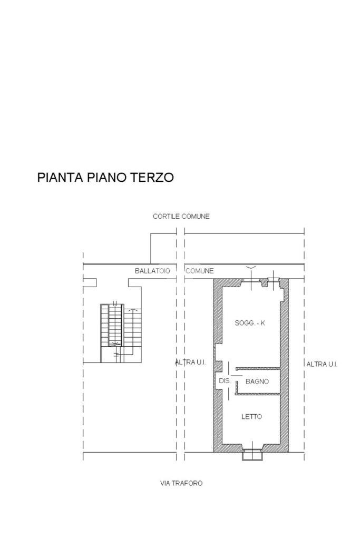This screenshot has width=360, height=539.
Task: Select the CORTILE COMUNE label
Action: click(181, 217)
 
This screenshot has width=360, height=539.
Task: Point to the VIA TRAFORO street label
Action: click(181, 483)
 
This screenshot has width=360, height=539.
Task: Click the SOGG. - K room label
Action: click(250, 323)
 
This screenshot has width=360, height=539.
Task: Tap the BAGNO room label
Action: click(258, 381)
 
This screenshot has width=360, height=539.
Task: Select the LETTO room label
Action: click(251, 417)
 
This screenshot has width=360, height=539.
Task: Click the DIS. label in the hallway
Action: click(224, 381)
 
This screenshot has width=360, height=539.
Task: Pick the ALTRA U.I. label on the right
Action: click(322, 364)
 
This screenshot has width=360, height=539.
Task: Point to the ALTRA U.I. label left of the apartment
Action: click(190, 362)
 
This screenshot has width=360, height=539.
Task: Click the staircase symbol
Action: click(121, 327)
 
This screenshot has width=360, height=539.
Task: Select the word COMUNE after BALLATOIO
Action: click(200, 271)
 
